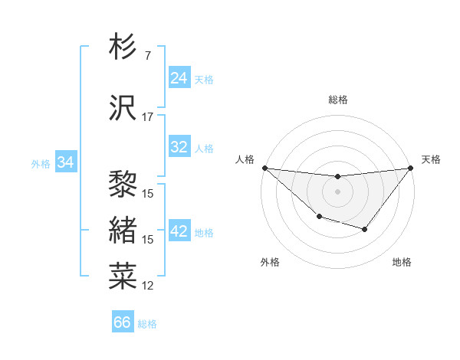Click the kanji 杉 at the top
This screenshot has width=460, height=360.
pos(123,47)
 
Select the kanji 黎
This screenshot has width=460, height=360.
pos(123,184)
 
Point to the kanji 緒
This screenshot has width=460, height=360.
pos(123,230)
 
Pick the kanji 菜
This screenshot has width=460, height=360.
pos(123,276)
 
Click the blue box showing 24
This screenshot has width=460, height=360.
pos(179,78)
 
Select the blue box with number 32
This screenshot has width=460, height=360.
pos(179,147)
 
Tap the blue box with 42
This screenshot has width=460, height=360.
pos(179,232)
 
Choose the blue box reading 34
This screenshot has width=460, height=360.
pos(65,162)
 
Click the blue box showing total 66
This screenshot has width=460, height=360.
pos(123,322)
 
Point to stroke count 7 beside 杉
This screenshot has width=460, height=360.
pos(147,56)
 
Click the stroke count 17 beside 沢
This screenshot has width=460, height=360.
pos(147,117)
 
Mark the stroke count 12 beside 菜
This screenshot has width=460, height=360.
pos(148,286)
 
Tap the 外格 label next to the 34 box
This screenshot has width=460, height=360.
pos(41,163)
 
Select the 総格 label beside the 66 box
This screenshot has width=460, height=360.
pos(147,324)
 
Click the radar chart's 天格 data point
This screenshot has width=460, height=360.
pos(411,169)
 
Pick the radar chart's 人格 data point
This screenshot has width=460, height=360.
pos(264,168)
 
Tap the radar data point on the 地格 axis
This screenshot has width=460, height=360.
pos(365,229)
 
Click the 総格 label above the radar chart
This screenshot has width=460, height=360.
pos(338,100)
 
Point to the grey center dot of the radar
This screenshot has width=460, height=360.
pos(337,191)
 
